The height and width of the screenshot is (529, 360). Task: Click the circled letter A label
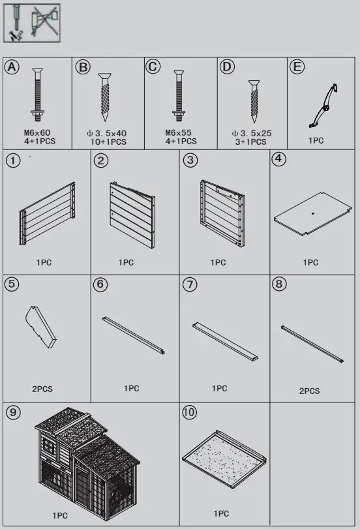pos(12,67)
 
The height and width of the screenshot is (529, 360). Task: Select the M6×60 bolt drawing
pos(38,95)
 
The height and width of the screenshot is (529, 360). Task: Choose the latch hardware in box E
pos(323,105)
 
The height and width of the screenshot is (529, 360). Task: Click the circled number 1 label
pos(12,160)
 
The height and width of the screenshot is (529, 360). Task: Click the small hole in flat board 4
pos(313,213)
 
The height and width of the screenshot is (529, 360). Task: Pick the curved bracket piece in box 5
pos(40,326)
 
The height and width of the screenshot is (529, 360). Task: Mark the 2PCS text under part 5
pos(42,389)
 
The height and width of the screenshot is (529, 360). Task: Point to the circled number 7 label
pos(190,284)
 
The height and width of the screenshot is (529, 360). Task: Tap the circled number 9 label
pos(12,412)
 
